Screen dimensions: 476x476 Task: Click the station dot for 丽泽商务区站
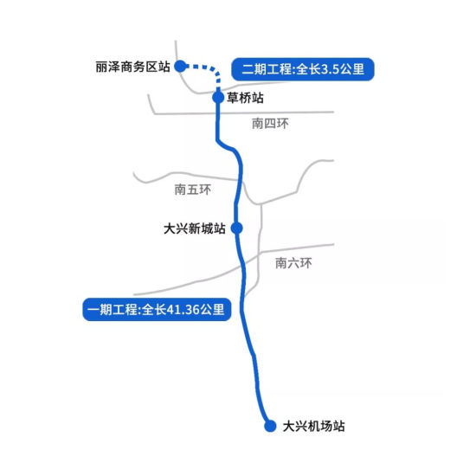(180, 66)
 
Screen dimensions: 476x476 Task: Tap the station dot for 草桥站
(218, 98)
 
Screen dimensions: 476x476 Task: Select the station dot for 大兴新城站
(237, 228)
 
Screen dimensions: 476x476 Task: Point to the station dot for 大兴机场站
(270, 426)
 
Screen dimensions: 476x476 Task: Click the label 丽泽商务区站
(132, 67)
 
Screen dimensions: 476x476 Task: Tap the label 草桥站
(245, 98)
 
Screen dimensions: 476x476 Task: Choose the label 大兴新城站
(195, 228)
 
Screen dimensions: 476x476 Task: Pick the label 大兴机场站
(313, 426)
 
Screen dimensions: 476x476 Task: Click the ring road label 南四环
(270, 124)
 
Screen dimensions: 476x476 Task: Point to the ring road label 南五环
(193, 190)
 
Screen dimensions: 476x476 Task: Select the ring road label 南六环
(293, 263)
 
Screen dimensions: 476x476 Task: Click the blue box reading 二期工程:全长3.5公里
(303, 69)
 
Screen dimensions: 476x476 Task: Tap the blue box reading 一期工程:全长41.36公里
(157, 310)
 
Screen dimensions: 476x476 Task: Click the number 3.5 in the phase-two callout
(330, 69)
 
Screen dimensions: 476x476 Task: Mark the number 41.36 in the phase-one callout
(183, 310)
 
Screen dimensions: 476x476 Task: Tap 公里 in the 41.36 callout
(212, 310)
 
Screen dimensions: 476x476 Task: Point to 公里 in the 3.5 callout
(352, 69)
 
